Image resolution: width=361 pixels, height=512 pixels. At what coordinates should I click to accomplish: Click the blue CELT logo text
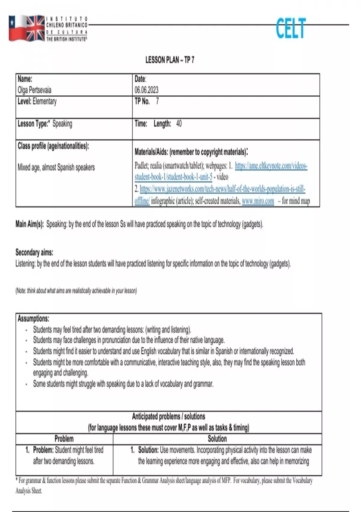tap(291, 28)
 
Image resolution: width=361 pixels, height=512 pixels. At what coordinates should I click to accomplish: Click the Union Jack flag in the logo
tap(35, 28)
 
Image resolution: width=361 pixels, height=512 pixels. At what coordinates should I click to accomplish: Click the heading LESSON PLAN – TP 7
tap(170, 60)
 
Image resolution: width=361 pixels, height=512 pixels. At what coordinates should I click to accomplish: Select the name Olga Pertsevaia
tap(35, 90)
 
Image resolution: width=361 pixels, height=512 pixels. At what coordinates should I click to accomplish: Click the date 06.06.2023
tap(146, 90)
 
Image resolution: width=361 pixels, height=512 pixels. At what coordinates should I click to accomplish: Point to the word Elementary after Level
tap(45, 101)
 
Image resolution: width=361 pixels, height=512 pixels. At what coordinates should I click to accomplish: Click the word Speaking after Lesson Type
tap(62, 124)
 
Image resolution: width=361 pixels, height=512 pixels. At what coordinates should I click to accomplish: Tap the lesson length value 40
tap(179, 123)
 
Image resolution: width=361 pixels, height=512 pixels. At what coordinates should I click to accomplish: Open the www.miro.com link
tap(258, 201)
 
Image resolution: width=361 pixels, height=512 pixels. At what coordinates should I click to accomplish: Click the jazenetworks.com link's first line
tap(222, 189)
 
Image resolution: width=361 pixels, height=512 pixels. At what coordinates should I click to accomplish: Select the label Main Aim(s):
tap(30, 224)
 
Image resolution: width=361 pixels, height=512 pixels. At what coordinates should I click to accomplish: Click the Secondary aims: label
tap(34, 252)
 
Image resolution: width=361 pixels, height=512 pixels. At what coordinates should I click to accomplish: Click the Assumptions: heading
tap(33, 318)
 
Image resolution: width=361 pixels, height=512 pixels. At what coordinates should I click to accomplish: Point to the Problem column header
tap(64, 439)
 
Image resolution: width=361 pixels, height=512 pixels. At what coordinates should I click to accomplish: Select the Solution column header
tap(217, 439)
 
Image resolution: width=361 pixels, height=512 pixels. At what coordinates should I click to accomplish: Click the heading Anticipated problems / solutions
tap(168, 417)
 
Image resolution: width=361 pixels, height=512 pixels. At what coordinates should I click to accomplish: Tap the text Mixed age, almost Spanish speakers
tap(56, 167)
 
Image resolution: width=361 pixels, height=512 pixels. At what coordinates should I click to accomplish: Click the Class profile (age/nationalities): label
tap(53, 146)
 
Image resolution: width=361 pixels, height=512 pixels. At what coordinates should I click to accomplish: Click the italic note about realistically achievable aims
tap(76, 291)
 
